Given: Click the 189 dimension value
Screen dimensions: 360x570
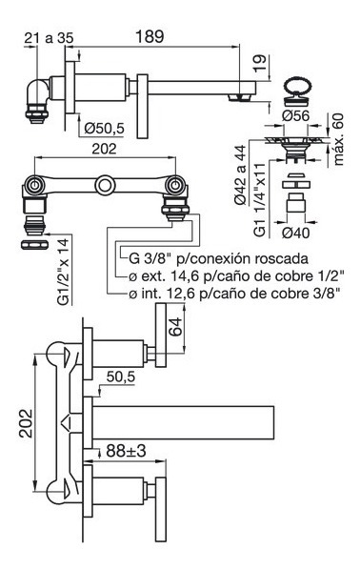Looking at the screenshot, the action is (150, 36).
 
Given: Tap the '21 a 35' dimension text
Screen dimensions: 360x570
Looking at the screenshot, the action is (49, 37).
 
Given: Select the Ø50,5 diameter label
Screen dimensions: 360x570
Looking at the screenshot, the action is (104, 129).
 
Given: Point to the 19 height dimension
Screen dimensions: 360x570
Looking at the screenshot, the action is (260, 64).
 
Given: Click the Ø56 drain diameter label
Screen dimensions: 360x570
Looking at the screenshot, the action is (296, 115).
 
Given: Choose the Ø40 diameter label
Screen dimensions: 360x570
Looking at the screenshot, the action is (296, 233).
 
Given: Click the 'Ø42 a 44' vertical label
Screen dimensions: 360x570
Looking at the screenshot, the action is (240, 174).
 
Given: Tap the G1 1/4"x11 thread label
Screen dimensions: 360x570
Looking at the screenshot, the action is (260, 199).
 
